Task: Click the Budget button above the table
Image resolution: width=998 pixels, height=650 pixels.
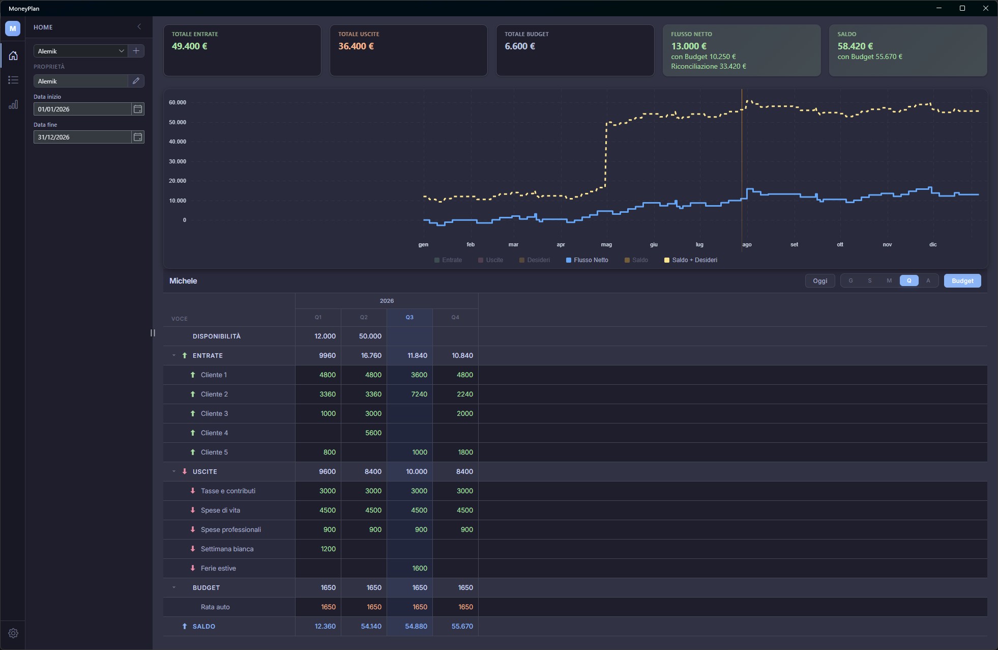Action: (962, 281)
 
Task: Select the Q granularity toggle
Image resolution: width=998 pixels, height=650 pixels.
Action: (909, 280)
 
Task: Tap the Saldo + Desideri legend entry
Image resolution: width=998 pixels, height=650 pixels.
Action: (691, 260)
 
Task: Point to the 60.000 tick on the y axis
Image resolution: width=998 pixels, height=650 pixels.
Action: (178, 102)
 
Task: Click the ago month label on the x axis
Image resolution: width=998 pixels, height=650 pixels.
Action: (747, 245)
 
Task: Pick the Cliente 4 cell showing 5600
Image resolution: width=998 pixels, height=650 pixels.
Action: (373, 433)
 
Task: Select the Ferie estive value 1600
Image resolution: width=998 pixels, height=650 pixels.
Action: (420, 569)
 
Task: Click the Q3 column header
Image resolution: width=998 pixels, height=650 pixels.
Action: (409, 318)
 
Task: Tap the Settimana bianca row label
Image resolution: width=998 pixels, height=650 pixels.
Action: (227, 549)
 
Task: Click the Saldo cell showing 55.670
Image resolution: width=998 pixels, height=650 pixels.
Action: (462, 627)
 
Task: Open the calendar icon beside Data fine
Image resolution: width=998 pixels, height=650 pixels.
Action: (138, 137)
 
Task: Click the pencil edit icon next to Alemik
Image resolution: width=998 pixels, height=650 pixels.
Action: (136, 81)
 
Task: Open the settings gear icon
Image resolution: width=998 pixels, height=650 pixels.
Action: (13, 633)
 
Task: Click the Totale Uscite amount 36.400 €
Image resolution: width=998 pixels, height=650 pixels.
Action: (356, 46)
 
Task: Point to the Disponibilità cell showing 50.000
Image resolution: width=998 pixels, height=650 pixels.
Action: (370, 336)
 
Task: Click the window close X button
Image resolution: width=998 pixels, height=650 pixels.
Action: (985, 8)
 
